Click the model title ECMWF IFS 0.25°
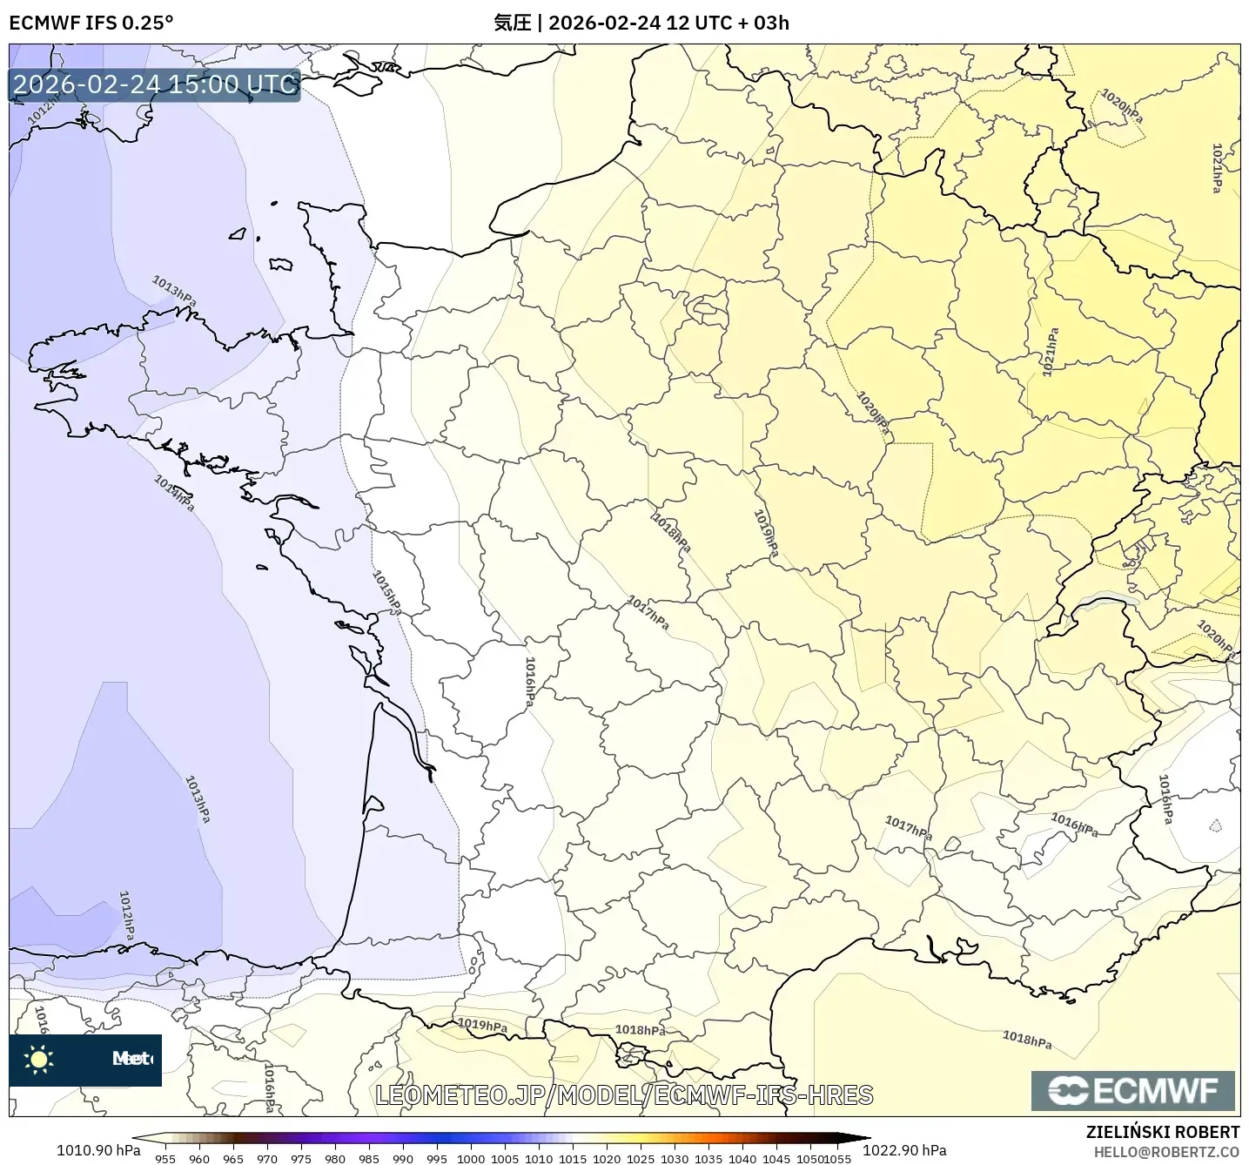91,23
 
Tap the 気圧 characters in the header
512,23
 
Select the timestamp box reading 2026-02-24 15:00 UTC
155,84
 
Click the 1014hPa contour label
174,493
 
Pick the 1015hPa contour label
386,592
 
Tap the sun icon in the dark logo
39,1059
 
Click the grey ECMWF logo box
1132,1090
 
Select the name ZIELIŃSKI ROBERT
1163,1132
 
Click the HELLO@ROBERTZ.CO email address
1166,1152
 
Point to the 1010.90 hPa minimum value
98,1150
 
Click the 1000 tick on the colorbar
471,1159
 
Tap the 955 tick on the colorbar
165,1159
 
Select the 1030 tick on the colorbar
675,1159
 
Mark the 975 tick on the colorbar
301,1159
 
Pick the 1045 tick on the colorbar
776,1159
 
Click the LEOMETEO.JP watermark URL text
623,1094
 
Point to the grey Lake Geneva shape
1106,599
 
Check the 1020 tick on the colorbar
607,1159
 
